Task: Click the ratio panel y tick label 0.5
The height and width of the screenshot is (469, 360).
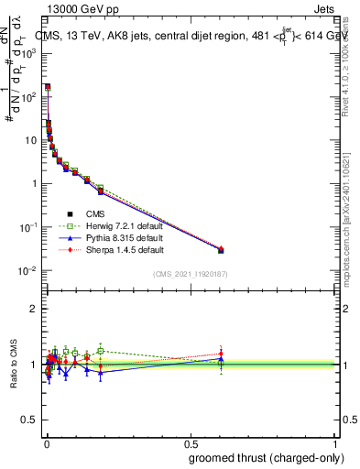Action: [x=31, y=420]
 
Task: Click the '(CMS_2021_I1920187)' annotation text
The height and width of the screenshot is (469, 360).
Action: [x=190, y=274]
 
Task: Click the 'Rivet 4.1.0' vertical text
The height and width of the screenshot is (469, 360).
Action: [x=352, y=69]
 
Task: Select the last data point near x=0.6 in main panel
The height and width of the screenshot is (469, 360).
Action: [x=221, y=249]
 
